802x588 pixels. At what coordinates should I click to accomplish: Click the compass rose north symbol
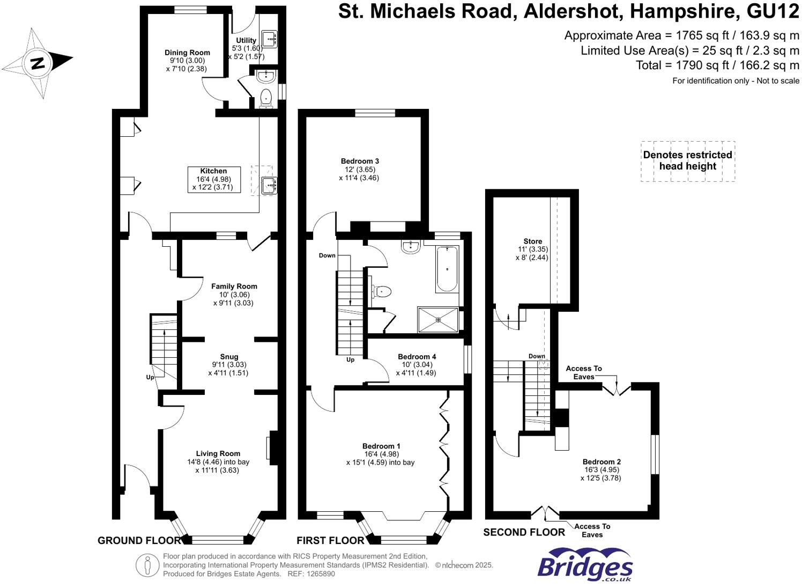tap(37, 63)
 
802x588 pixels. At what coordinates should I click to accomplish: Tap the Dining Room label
tap(187, 53)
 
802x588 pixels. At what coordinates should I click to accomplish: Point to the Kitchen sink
tap(268, 185)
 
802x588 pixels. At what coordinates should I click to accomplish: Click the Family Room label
tap(234, 286)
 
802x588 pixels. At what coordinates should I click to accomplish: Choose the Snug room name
tap(229, 357)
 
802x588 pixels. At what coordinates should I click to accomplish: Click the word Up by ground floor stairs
tap(150, 377)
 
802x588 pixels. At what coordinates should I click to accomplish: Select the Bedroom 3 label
tap(360, 161)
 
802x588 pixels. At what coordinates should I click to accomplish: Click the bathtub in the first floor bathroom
tap(447, 269)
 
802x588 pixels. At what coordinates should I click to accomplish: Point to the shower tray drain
tap(438, 320)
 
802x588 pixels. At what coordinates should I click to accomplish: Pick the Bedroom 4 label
tap(417, 357)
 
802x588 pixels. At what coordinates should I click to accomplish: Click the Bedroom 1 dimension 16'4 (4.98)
tap(381, 454)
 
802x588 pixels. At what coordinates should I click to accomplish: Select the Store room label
tap(532, 241)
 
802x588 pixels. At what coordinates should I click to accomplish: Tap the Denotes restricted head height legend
tap(687, 161)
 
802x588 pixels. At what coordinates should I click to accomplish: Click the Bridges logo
tap(585, 565)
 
